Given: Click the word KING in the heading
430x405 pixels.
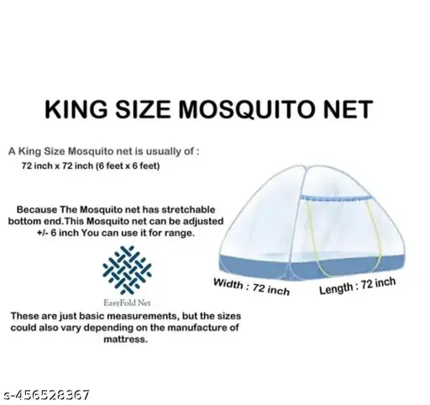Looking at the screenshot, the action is pos(76,109).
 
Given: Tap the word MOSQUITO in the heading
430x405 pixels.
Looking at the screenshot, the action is pos(246,109).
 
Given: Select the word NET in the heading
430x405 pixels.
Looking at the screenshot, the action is pos(348,109).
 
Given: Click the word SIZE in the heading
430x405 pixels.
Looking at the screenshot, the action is pos(143,109).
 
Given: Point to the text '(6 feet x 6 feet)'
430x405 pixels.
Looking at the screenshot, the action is pos(128,166).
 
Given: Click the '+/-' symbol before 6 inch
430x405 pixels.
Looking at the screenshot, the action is pos(43,233).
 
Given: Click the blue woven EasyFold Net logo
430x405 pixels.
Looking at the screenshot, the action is pos(127,270).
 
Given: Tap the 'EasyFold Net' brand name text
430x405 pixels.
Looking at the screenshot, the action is pos(127,302).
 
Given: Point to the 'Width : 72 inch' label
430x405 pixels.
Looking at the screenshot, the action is pos(251,287).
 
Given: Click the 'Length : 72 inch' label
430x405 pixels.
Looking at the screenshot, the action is pos(358,286).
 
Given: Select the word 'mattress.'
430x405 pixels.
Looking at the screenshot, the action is pos(125,339).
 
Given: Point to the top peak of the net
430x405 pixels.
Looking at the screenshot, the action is pos(301,166).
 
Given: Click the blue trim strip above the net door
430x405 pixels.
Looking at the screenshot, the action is pos(336,198).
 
